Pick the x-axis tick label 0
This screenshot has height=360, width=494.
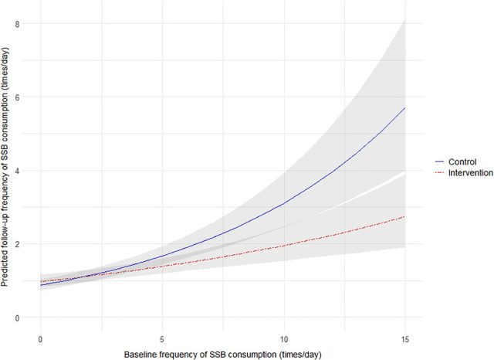pyautogui.click(x=40, y=338)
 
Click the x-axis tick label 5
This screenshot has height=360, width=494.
pyautogui.click(x=162, y=338)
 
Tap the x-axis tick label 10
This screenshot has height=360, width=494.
pyautogui.click(x=283, y=338)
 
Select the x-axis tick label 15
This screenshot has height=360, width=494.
pyautogui.click(x=405, y=338)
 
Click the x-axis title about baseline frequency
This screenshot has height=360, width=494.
pyautogui.click(x=222, y=354)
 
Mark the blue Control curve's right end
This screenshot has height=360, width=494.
pyautogui.click(x=405, y=108)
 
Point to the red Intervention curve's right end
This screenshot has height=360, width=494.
pyautogui.click(x=405, y=216)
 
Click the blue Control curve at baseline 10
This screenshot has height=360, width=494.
pyautogui.click(x=283, y=203)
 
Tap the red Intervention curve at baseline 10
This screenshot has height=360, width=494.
pyautogui.click(x=283, y=246)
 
